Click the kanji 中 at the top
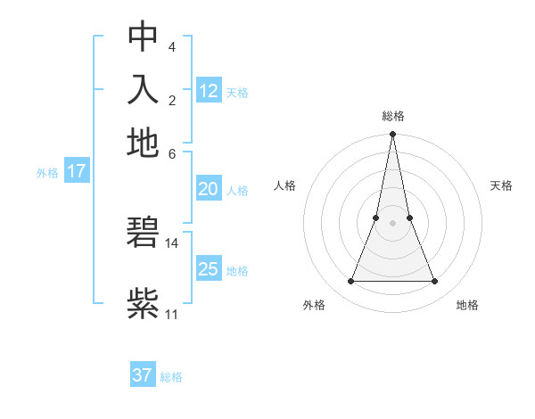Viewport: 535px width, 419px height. pyautogui.click(x=143, y=37)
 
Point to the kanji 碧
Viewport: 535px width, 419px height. pyautogui.click(x=143, y=234)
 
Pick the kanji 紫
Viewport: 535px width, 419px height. pyautogui.click(x=143, y=303)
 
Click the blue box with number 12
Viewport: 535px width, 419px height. pyautogui.click(x=209, y=91)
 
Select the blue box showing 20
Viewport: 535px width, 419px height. pyautogui.click(x=208, y=189)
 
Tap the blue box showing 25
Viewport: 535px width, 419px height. pyautogui.click(x=208, y=269)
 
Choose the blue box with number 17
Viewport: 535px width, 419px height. pyautogui.click(x=76, y=171)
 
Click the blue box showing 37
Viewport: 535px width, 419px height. pyautogui.click(x=142, y=375)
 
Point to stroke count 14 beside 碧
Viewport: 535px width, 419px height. pyautogui.click(x=172, y=242)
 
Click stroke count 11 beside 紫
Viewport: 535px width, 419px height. pyautogui.click(x=172, y=314)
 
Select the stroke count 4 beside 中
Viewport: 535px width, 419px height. pyautogui.click(x=171, y=45)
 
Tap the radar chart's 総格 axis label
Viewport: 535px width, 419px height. pyautogui.click(x=392, y=116)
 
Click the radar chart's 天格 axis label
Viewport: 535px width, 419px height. pyautogui.click(x=501, y=185)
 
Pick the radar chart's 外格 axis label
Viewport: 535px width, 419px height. pyautogui.click(x=314, y=305)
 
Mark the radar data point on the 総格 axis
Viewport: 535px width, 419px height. pyautogui.click(x=392, y=135)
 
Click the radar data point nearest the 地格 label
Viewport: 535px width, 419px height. pyautogui.click(x=435, y=282)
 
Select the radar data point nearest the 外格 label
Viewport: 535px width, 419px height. pyautogui.click(x=350, y=282)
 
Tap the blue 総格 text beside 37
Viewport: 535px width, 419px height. pyautogui.click(x=171, y=377)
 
